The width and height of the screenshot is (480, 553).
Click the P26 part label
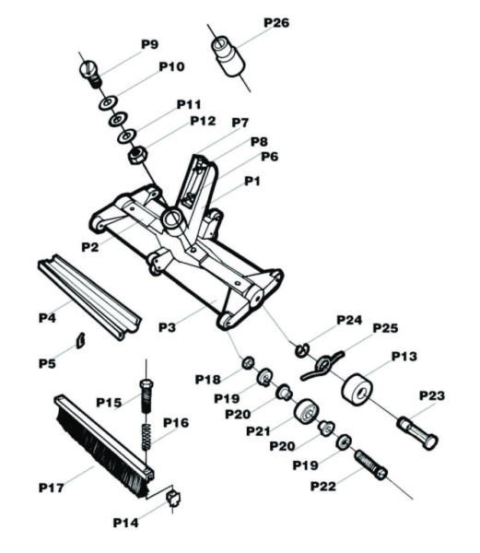(275, 22)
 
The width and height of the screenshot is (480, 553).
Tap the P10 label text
(171, 66)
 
